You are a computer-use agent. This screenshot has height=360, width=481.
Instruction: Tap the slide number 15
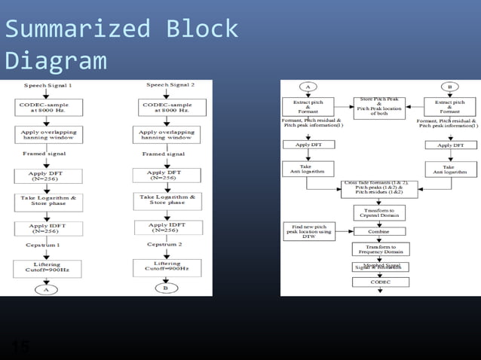pos(20,346)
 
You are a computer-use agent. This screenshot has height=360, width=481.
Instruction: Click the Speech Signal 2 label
pos(170,85)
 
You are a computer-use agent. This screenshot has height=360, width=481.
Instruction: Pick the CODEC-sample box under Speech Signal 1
pos(47,108)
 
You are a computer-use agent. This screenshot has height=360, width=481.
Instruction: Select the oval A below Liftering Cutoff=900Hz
pos(46,289)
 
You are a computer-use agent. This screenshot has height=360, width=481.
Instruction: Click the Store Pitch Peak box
pos(380,108)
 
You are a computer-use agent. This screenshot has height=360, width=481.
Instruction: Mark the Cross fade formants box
pos(379,189)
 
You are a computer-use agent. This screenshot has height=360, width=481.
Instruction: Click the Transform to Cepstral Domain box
pos(380,213)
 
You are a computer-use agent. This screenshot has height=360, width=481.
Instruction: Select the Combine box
pos(380,231)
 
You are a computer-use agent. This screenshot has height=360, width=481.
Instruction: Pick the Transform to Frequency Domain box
pos(380,249)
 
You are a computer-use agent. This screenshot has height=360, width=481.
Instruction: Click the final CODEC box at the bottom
pos(380,282)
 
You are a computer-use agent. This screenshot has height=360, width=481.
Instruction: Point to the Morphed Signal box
pos(380,267)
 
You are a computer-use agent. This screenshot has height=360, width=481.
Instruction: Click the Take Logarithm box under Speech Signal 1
pos(47,202)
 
